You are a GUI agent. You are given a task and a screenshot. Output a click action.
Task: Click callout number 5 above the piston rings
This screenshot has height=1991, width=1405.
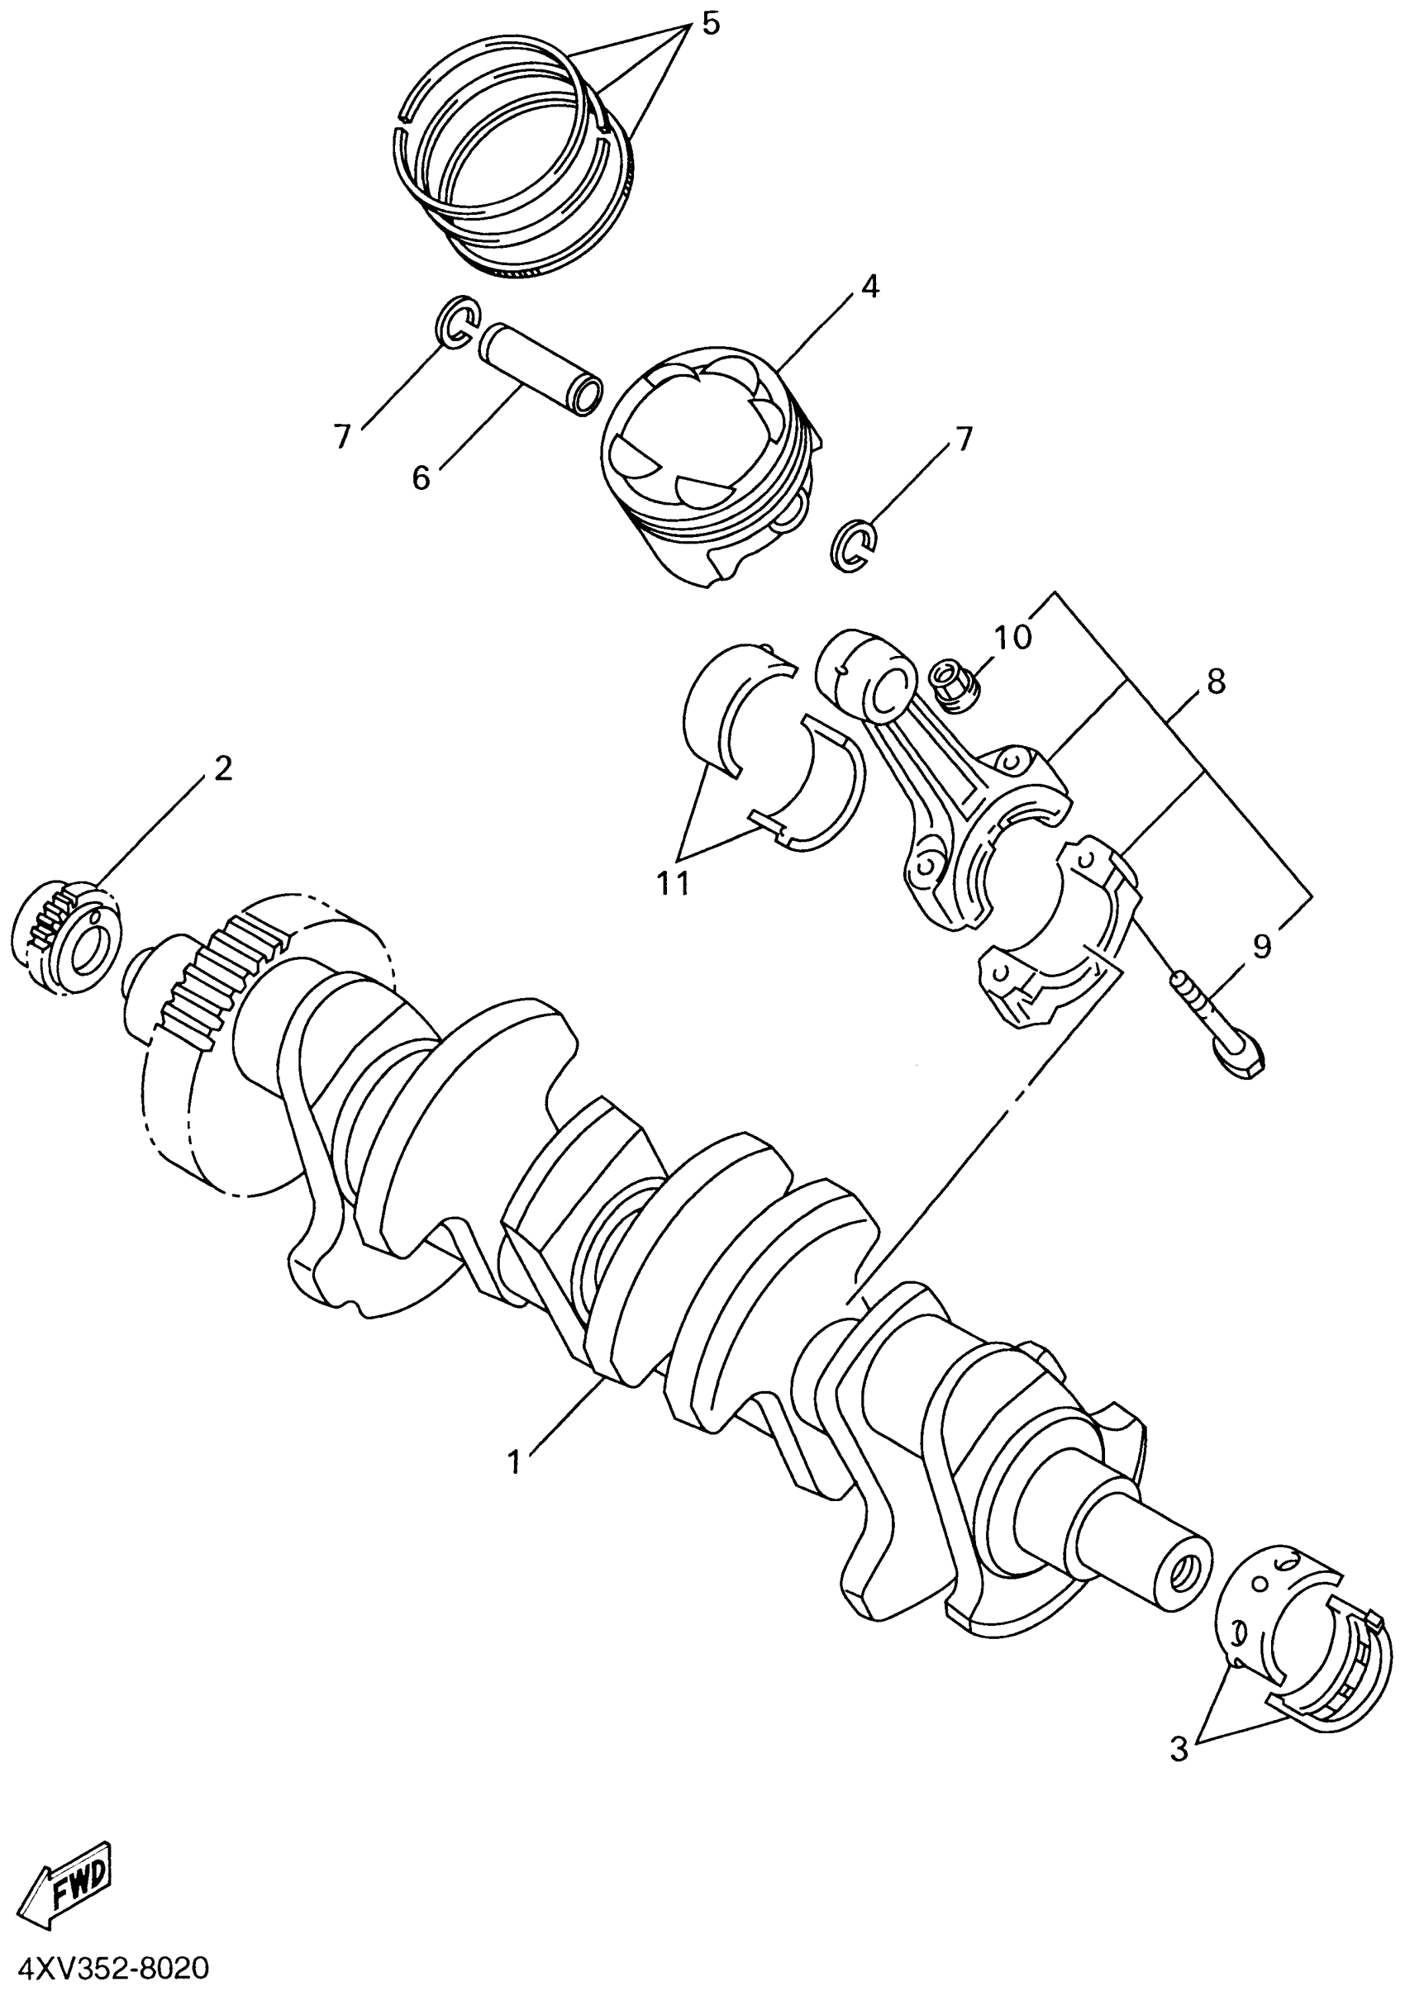pos(709,24)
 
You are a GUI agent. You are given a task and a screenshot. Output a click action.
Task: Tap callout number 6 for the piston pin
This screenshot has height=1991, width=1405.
pos(421,477)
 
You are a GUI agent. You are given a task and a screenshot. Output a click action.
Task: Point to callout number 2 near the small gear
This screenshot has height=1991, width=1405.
pos(223,767)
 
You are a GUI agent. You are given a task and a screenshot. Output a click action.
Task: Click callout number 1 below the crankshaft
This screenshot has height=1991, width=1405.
pos(514,1462)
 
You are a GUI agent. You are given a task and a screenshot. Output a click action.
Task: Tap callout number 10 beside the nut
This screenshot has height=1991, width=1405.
pos(1013,637)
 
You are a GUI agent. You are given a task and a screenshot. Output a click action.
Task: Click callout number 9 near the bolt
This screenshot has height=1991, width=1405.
pos(1262,946)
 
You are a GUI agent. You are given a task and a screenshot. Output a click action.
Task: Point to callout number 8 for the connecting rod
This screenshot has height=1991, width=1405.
pos(1216,682)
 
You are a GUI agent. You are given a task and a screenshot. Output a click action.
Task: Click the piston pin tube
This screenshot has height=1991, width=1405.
pos(541,368)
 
